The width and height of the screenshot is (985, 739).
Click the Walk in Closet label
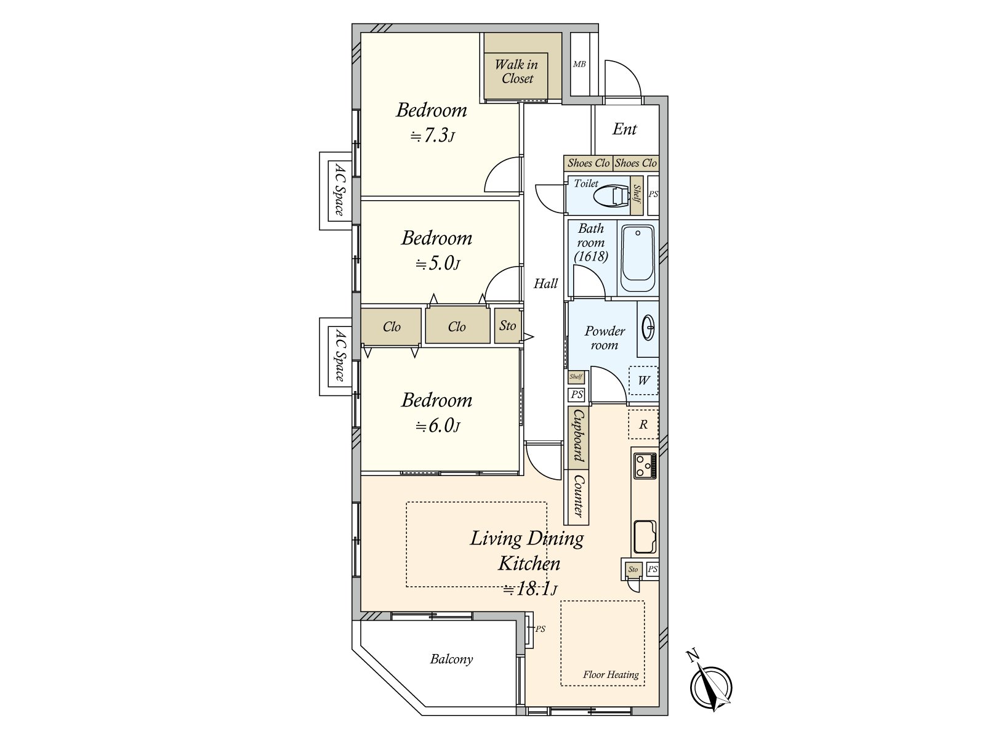tap(516, 71)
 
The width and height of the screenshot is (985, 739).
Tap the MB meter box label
tap(579, 64)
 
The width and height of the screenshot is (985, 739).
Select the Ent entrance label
tap(625, 129)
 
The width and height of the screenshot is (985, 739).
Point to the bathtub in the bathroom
tap(638, 259)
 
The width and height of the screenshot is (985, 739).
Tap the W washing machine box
tap(643, 381)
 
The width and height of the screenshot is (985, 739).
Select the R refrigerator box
tap(643, 424)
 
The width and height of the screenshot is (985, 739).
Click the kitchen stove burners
tap(645, 466)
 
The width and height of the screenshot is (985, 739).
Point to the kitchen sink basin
tap(645, 537)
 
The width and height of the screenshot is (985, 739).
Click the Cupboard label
tap(579, 435)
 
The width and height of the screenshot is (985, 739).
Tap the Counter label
tap(579, 496)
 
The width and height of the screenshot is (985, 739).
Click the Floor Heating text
tap(611, 674)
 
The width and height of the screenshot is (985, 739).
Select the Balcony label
tap(451, 659)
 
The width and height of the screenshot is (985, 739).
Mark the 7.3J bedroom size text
tap(433, 135)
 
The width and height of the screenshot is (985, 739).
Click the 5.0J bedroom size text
tap(438, 264)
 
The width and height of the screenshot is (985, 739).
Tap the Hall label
tap(545, 283)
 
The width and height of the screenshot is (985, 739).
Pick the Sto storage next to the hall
tap(507, 326)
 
